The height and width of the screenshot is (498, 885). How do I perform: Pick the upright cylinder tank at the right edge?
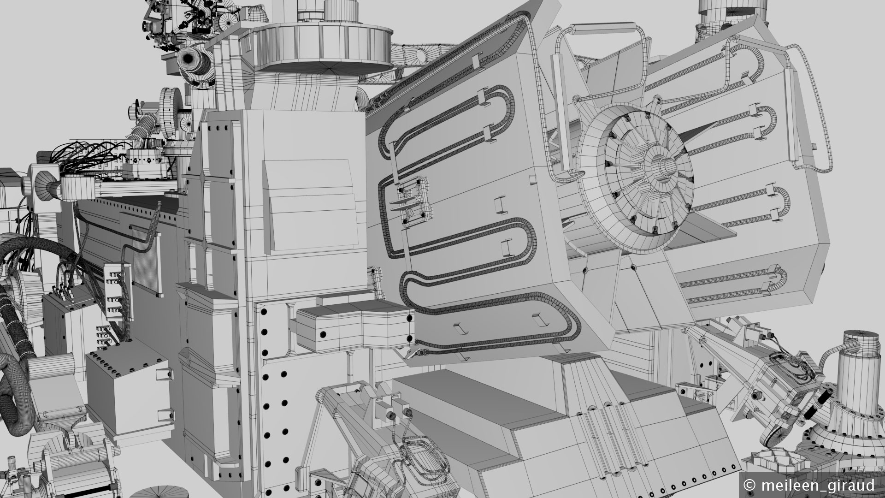coord(861,368)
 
